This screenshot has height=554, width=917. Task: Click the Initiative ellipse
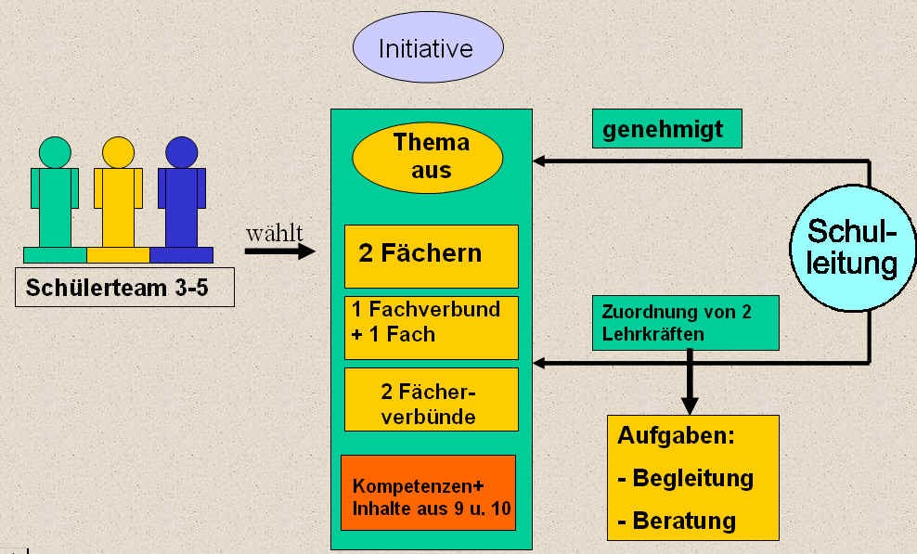427,48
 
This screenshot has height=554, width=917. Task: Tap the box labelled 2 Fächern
431,255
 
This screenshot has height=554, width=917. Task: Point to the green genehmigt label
666,130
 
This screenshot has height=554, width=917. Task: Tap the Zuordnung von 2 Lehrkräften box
685,323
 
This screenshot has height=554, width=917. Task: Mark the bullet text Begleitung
691,479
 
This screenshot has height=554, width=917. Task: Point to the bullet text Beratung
683,522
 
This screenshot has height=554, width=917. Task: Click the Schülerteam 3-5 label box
124,289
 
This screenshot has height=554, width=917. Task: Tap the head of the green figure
55,152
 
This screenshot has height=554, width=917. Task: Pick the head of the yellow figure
118,152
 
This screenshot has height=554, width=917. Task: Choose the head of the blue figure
181,152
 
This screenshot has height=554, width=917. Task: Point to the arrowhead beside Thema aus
539,161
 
